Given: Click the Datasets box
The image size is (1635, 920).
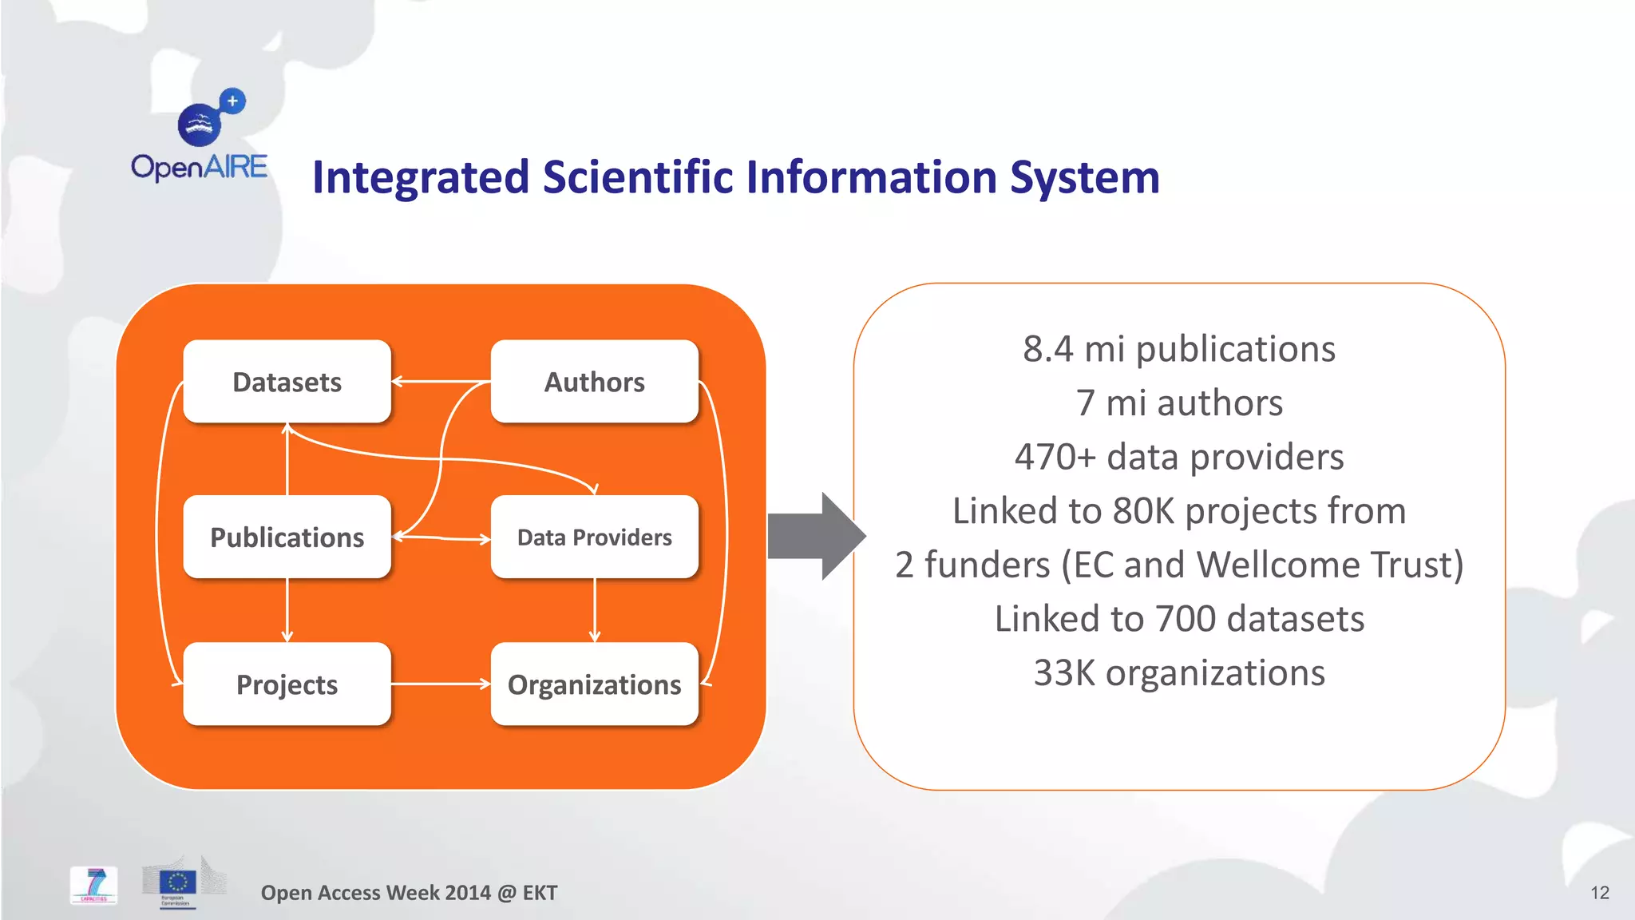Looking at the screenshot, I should click(287, 382).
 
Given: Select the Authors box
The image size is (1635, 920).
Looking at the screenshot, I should click(594, 382).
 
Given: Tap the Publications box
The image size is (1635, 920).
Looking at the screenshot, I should click(287, 537).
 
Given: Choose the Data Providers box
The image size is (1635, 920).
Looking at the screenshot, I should click(594, 537).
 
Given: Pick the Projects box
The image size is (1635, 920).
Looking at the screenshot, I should click(287, 684).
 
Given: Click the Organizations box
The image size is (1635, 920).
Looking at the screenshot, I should click(594, 684).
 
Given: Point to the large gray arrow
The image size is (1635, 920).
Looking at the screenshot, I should click(814, 536).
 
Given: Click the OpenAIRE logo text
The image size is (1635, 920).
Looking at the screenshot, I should click(199, 167).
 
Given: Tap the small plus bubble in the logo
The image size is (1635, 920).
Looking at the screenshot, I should click(232, 101).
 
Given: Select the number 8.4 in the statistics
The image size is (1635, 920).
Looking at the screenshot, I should click(1047, 349).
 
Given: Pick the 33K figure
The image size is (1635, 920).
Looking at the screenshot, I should click(1063, 672).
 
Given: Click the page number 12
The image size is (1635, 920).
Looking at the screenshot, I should click(1599, 893).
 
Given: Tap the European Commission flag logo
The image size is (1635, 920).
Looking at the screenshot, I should click(177, 883).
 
